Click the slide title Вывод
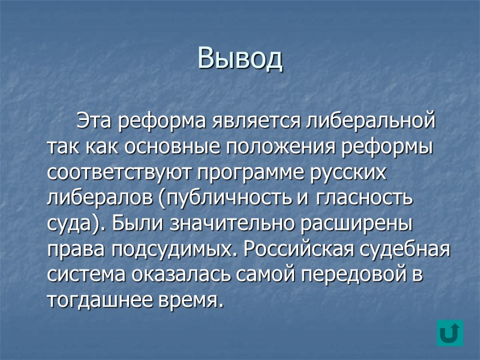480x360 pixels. pyautogui.click(x=240, y=58)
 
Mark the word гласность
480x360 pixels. pyautogui.click(x=365, y=199)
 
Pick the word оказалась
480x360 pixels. pyautogui.click(x=173, y=276)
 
